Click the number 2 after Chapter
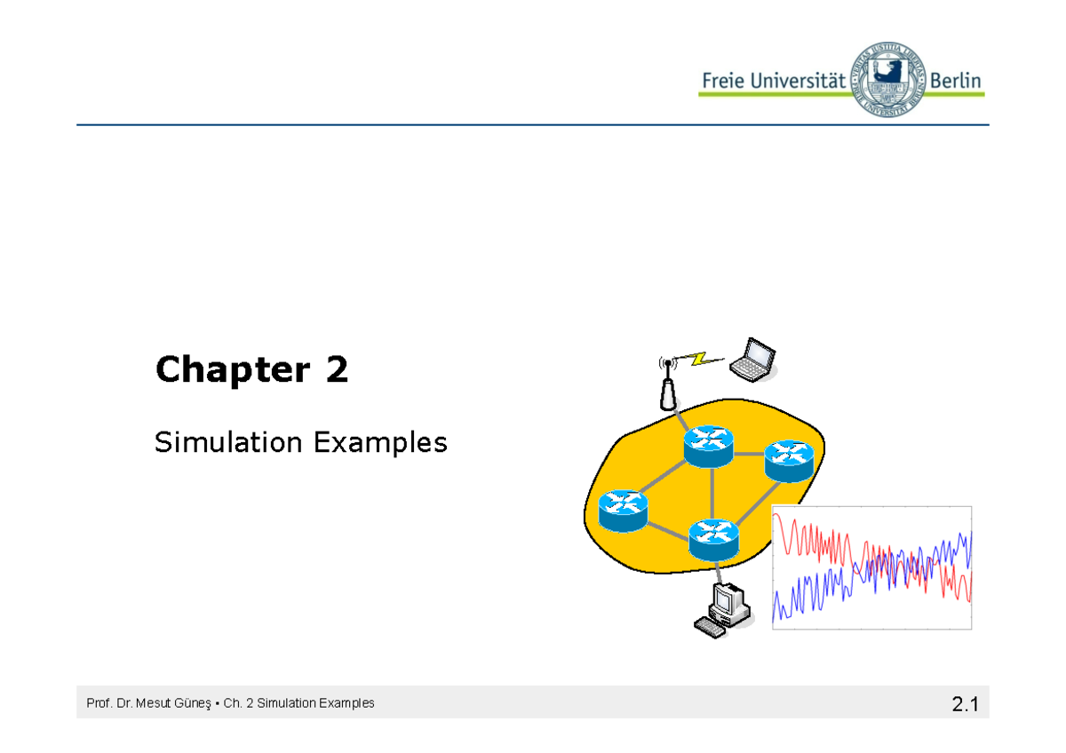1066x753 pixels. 337,370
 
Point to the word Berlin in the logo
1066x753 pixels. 956,81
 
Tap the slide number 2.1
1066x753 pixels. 964,706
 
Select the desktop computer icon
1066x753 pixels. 724,611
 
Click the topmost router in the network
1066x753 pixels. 709,444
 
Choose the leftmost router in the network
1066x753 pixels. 623,510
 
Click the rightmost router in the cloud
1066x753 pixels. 789,460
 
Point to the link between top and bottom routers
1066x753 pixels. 712,491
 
